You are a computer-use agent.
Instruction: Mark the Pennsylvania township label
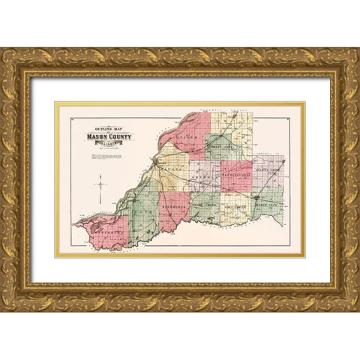coord(235,175)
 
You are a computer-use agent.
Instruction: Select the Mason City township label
coord(266,205)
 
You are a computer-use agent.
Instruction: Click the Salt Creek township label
coord(235,205)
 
